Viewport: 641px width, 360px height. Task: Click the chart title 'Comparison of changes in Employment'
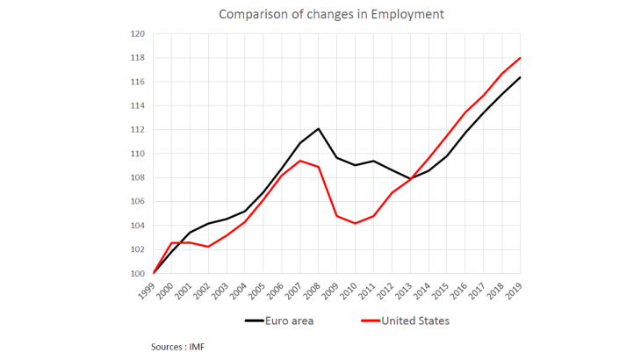coord(320,14)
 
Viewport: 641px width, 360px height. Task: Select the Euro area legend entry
coord(279,320)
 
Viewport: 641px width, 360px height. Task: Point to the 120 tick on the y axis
coord(138,34)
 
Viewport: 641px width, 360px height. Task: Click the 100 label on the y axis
coord(138,273)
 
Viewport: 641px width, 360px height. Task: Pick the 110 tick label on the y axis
coord(138,154)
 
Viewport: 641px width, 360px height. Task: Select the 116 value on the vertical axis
coord(138,82)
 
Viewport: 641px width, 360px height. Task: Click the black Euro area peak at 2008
coord(319,129)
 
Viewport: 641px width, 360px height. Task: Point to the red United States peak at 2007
coord(300,161)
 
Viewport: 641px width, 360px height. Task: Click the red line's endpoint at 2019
coord(520,58)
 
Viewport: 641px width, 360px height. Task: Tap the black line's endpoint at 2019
coord(520,77)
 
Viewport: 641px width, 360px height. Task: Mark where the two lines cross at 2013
coord(410,179)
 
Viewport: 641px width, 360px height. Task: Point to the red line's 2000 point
coord(172,243)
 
